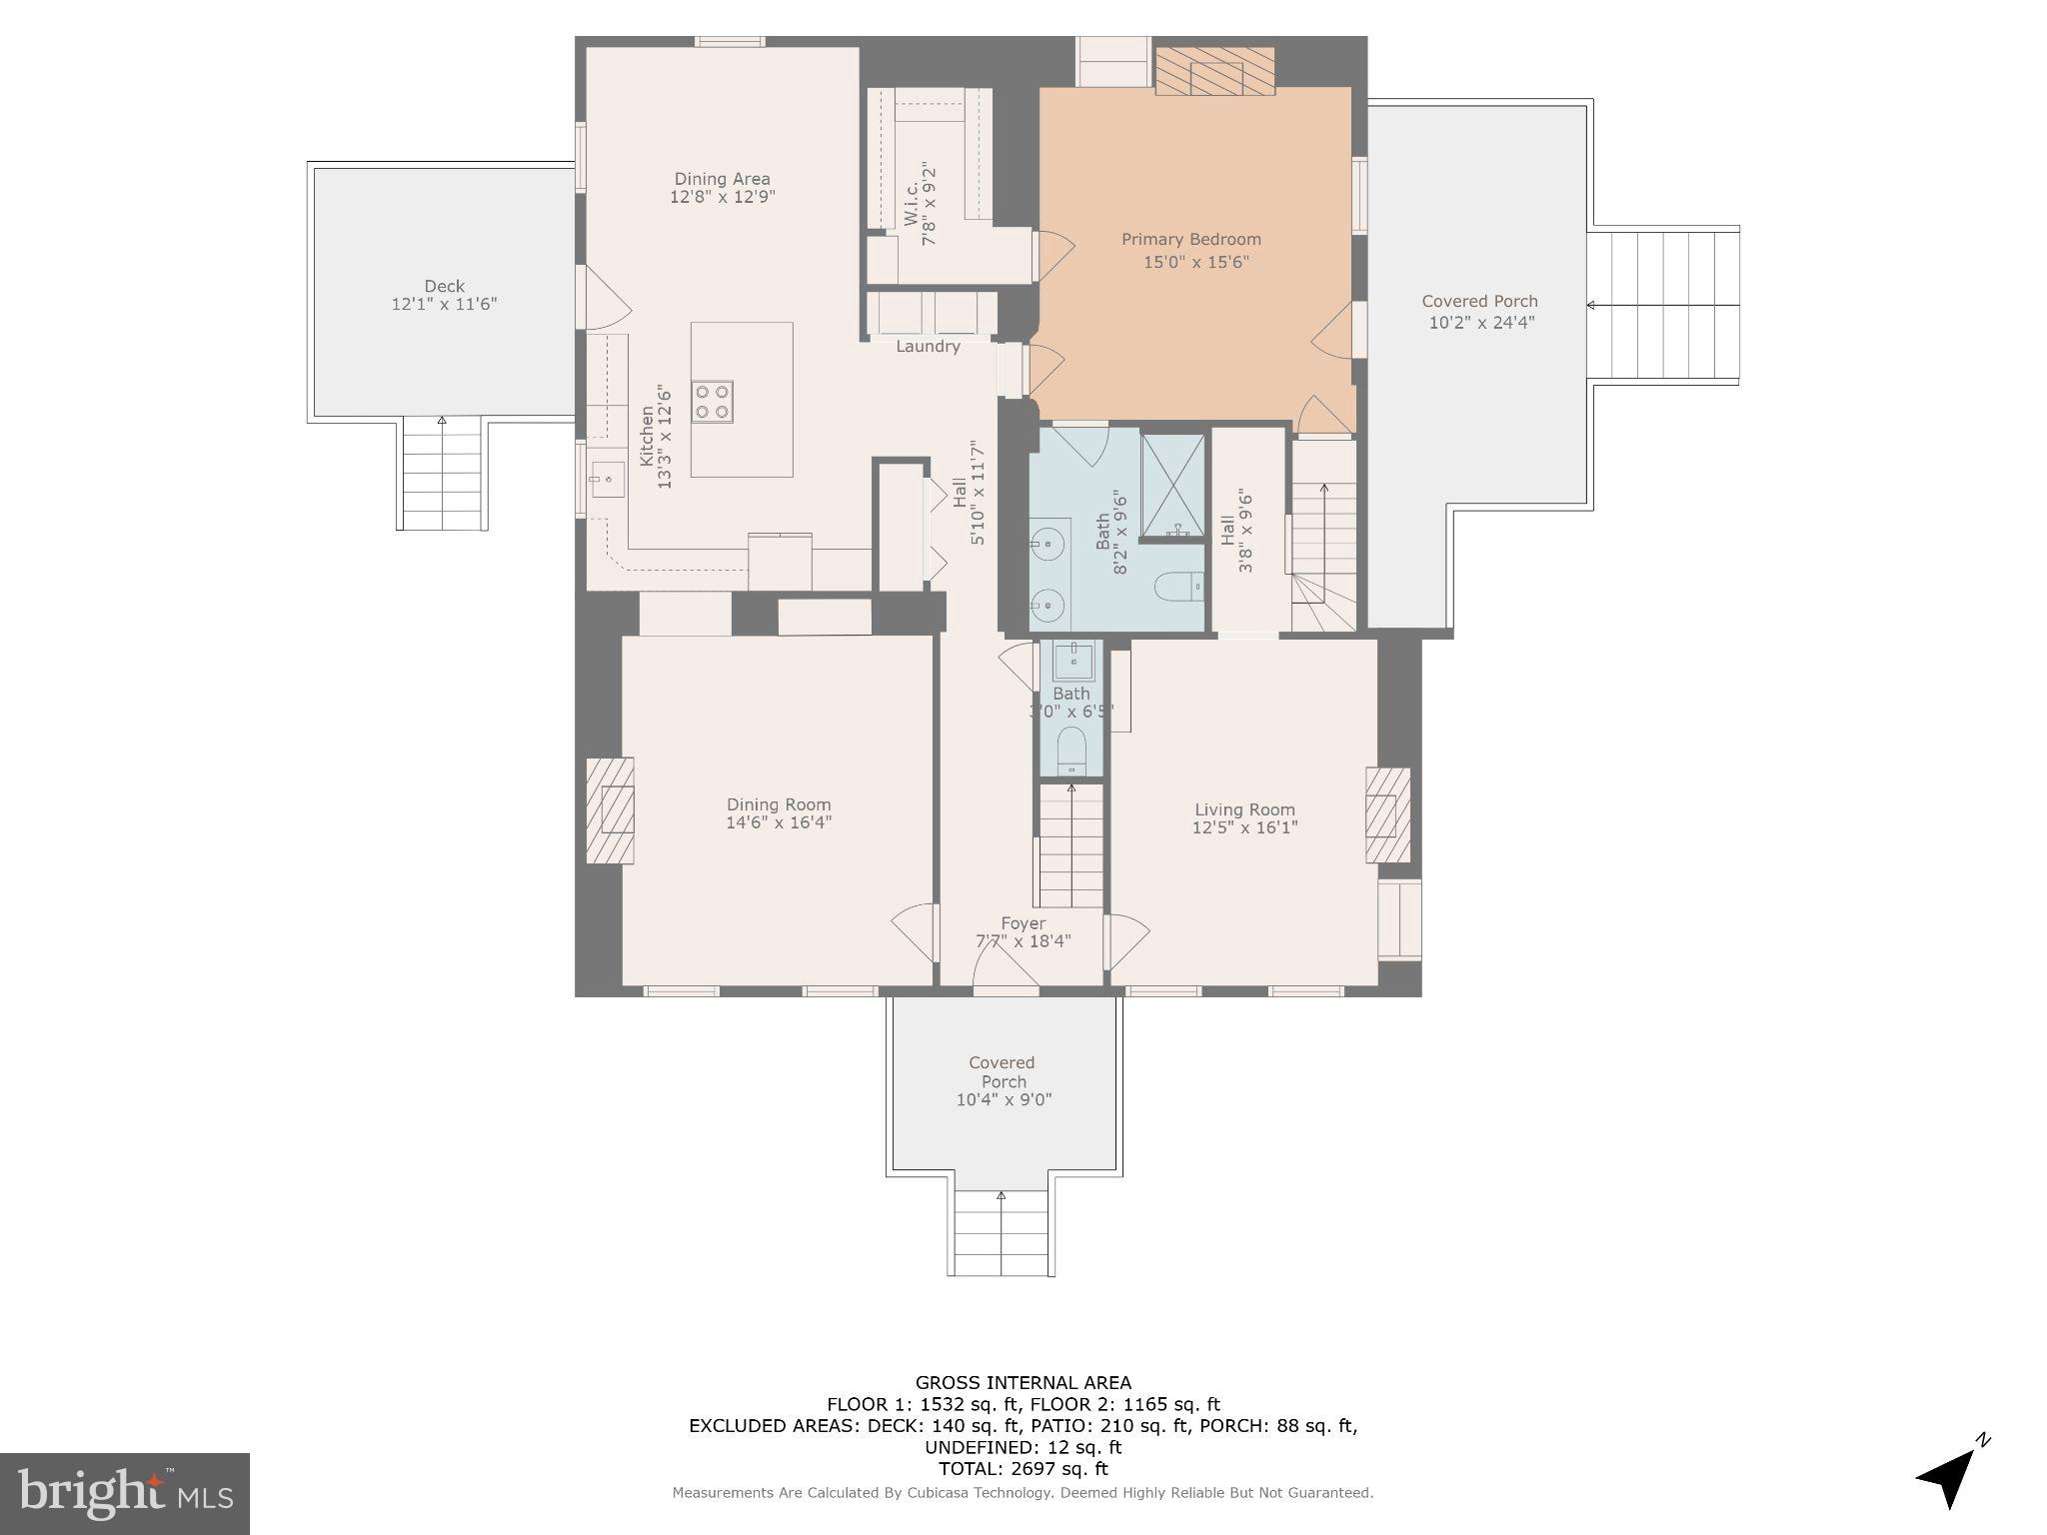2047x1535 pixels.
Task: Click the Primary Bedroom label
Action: (1190, 240)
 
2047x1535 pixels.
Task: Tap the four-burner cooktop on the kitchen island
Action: (713, 401)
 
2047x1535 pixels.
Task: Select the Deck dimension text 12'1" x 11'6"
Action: (444, 304)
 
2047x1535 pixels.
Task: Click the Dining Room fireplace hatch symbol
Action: (610, 809)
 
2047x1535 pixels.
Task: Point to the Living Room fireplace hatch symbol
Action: (1387, 815)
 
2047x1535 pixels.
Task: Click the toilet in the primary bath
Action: (1180, 587)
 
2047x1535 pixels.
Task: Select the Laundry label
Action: (928, 347)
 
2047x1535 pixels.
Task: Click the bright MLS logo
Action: (125, 1493)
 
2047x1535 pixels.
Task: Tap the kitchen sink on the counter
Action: (606, 481)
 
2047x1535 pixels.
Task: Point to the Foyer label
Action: (1023, 923)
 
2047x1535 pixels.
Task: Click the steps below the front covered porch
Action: (1001, 1233)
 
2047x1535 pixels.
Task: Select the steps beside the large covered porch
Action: (1663, 304)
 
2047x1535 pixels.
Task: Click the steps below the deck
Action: (442, 475)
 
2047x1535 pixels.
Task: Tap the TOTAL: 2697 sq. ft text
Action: (1023, 1468)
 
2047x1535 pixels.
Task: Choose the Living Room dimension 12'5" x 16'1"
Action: (1244, 827)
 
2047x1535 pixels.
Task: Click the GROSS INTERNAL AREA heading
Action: (1023, 1383)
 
